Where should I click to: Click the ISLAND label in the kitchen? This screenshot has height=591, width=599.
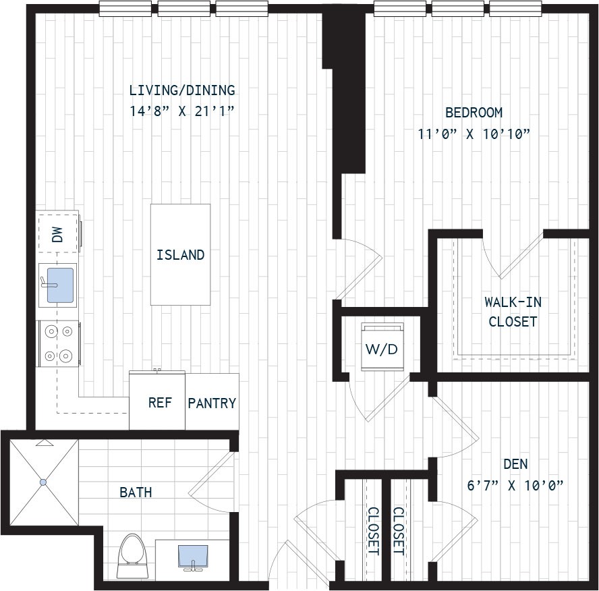coord(180,255)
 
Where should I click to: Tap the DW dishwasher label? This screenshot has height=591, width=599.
coord(57,234)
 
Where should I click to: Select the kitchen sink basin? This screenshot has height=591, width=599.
coord(60,285)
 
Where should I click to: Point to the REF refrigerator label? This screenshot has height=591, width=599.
coord(160,402)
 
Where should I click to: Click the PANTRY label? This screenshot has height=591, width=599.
coord(212,403)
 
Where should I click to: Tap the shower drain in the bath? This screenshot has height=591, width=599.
coord(43,482)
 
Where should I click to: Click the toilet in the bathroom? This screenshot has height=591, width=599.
coord(133,556)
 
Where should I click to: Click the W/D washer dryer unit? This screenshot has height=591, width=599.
coord(382,347)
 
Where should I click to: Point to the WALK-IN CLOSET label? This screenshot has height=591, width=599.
coord(513,312)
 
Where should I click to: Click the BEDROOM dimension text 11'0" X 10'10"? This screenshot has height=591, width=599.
coord(474,134)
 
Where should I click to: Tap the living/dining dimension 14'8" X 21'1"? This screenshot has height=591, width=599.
coord(181,111)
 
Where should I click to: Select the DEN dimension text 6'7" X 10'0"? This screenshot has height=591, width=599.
coord(515,486)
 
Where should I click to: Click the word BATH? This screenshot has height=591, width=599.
coord(136,492)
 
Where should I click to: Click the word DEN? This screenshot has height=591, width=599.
coord(515,464)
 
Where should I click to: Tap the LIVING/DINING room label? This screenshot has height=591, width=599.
coord(182,90)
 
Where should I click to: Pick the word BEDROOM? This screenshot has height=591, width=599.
coord(474,112)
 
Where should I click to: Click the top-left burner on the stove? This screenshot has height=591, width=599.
coord(50,331)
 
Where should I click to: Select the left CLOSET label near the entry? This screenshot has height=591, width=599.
coord(373,531)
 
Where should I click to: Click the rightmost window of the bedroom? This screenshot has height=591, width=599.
coord(515,9)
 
